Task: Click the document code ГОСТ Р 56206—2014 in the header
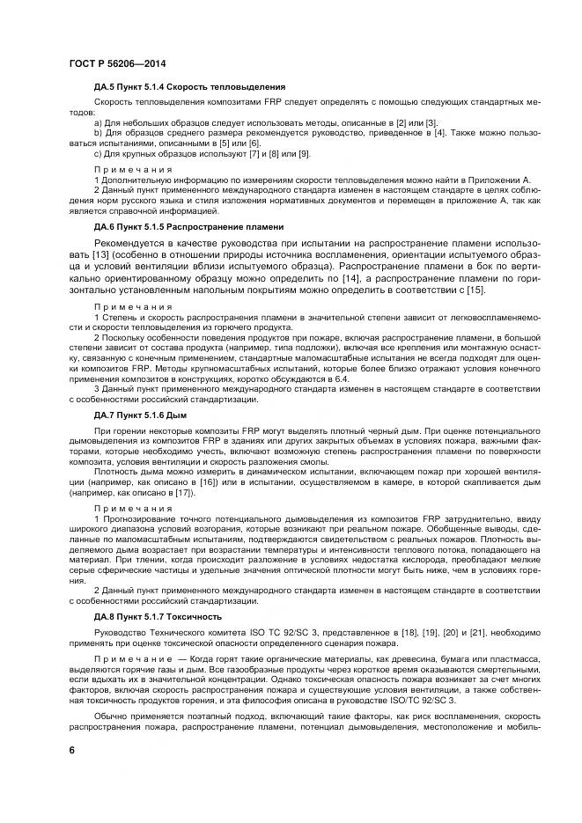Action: tap(117, 63)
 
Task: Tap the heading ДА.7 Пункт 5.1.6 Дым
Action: tap(144, 413)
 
